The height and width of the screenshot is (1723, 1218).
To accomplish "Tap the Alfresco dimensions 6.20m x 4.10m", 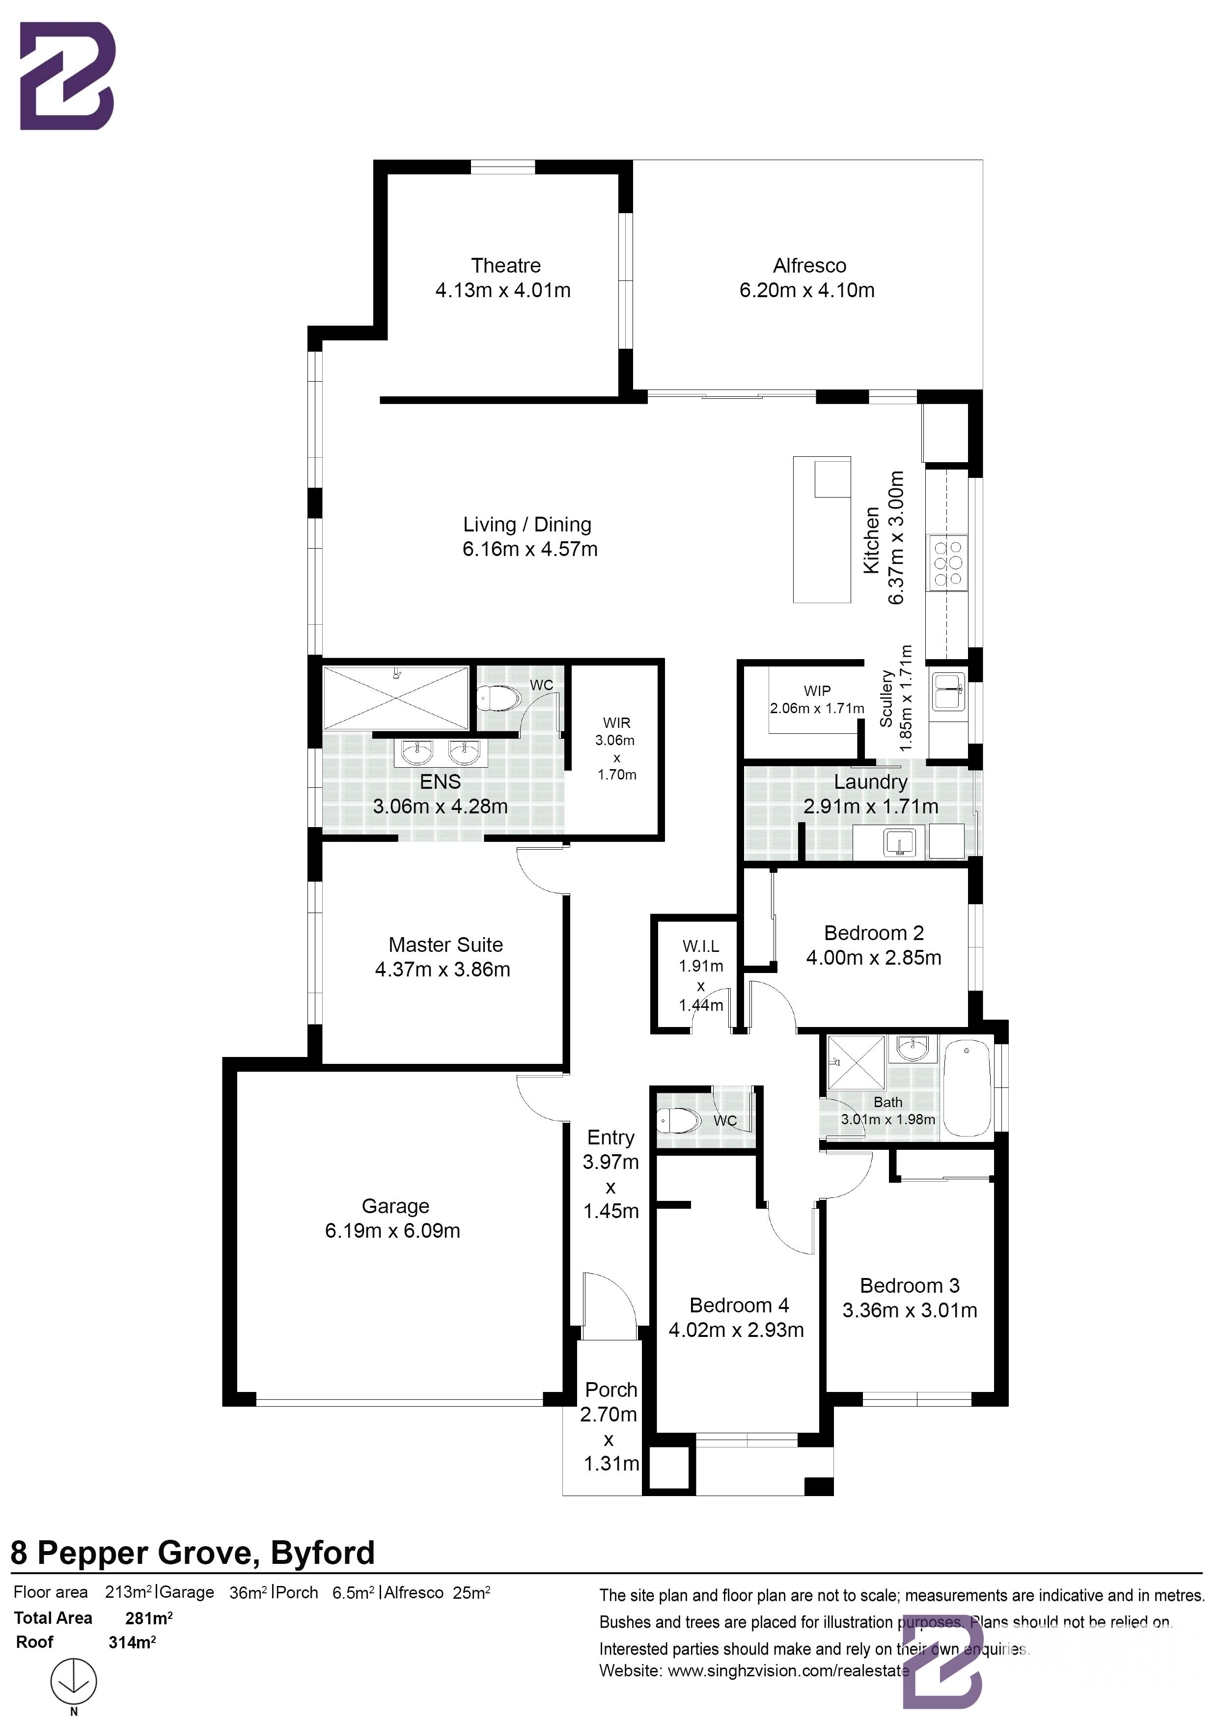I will click(807, 290).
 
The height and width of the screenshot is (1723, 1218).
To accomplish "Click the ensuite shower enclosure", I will click(395, 698).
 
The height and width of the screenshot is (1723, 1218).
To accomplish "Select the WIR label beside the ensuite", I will click(616, 723).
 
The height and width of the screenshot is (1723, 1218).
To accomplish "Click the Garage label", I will click(395, 1206).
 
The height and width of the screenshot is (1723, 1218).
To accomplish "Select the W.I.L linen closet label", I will click(700, 947).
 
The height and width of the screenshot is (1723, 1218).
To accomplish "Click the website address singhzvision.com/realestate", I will click(788, 1670).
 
